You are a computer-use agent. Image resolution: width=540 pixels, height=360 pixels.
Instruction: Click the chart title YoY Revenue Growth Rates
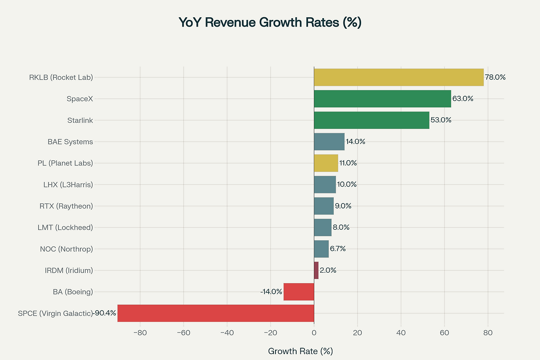pos(270,22)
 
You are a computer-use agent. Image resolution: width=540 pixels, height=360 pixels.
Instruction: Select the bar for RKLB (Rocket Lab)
pos(399,77)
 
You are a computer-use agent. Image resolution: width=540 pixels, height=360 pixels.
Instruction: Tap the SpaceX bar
pos(382,99)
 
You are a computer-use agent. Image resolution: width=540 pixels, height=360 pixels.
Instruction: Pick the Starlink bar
pos(371,120)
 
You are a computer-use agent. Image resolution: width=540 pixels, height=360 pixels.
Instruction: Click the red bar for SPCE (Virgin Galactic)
pos(216,313)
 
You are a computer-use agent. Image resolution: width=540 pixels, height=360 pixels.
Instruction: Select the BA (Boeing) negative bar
pos(299,292)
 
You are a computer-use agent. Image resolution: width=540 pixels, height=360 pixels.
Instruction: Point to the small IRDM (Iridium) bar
pos(316,270)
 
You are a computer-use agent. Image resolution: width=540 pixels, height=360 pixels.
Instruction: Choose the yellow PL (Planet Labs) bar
pos(326,163)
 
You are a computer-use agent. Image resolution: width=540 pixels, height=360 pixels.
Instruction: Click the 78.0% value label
pos(495,77)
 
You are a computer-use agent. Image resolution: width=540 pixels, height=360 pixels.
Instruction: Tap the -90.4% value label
pos(105,313)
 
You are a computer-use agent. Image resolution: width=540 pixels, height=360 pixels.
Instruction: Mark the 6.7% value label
pos(338,249)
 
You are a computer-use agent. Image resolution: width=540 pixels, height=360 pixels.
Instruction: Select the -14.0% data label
pos(271,292)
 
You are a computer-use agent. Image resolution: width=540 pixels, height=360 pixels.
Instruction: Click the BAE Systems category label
pos(70,142)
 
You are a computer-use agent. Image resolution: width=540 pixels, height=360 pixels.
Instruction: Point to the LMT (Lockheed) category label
pos(65,227)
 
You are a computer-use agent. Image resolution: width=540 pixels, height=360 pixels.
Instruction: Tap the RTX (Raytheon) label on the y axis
pos(66,206)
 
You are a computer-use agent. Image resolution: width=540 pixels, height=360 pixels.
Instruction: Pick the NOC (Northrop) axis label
pos(66,249)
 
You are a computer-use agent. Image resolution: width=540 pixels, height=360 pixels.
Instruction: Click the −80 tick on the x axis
pos(140,333)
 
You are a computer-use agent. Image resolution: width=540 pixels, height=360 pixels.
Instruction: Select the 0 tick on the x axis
pos(314,333)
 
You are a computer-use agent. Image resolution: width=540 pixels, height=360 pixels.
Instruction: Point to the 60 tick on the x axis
pos(444,333)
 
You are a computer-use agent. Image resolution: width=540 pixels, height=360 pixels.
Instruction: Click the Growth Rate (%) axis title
pos(300,351)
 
